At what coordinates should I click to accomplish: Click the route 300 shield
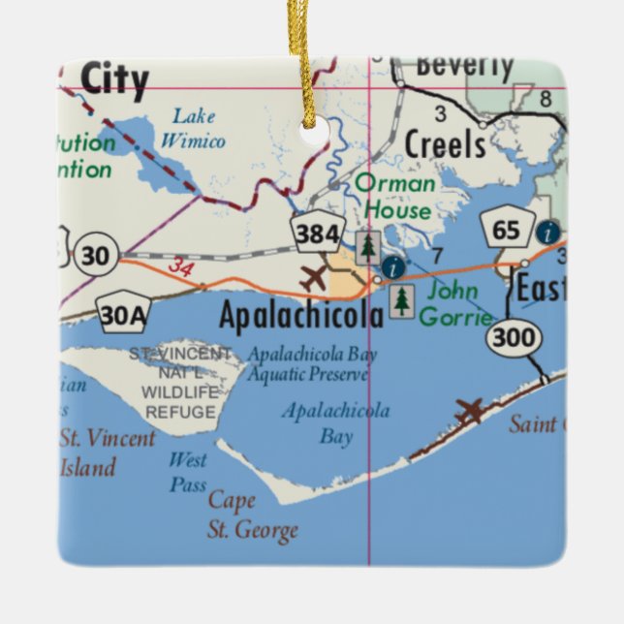511,337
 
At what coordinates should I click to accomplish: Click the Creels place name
445,144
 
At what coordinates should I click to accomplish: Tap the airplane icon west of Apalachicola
314,278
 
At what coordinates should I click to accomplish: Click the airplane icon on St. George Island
471,410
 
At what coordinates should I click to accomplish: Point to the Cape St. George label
250,515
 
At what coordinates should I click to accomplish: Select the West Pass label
188,472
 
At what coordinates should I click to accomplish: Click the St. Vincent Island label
106,452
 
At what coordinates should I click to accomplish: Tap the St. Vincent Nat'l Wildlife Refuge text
181,383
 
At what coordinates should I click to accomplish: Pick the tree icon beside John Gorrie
401,303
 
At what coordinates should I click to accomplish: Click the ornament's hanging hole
313,130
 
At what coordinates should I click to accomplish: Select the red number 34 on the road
179,265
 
